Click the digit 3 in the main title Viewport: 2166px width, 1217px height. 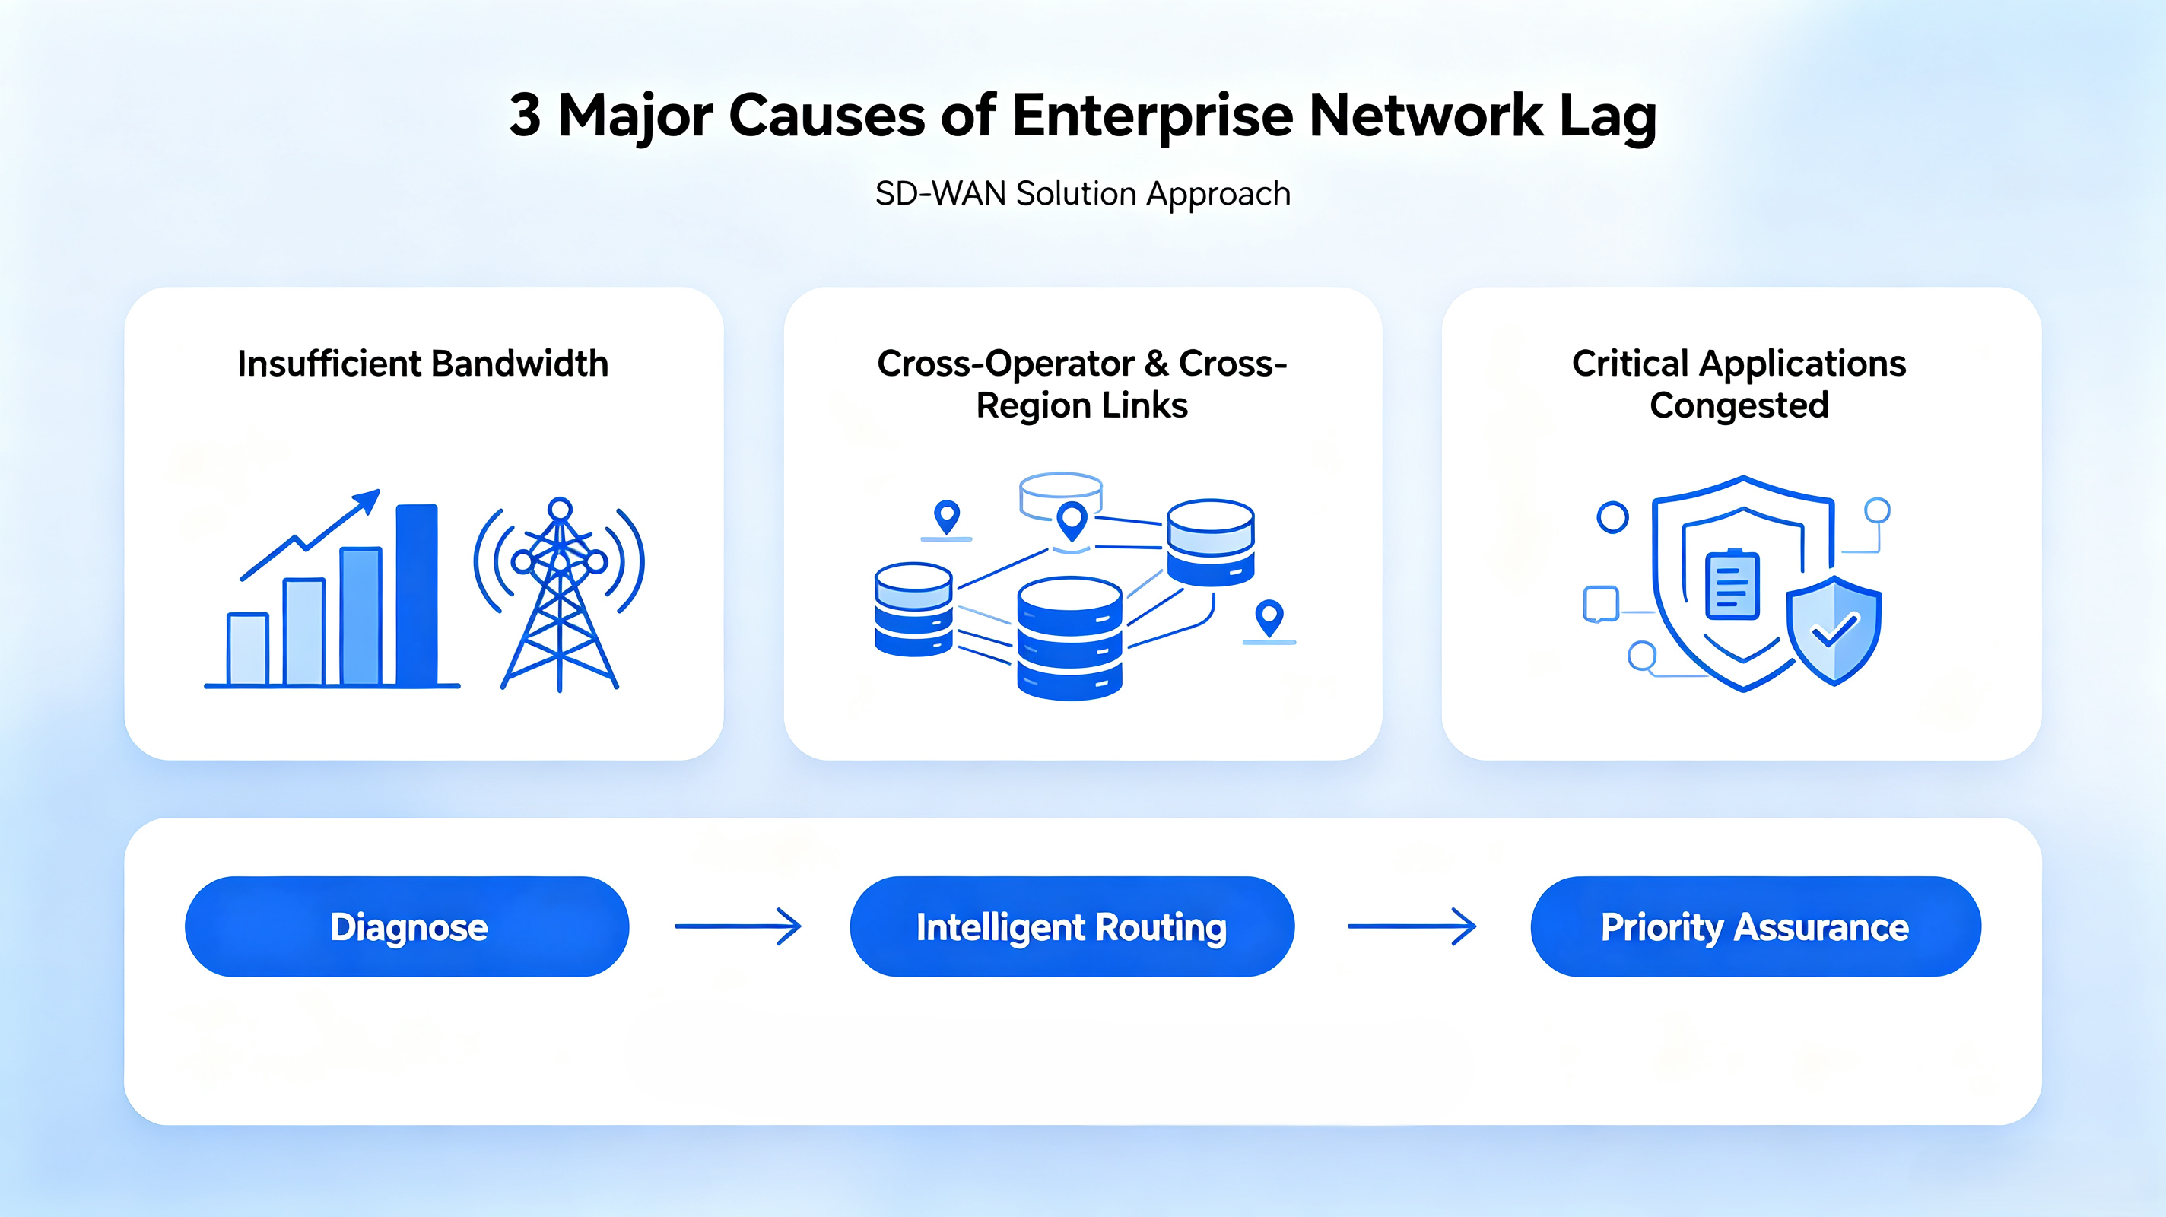(x=525, y=115)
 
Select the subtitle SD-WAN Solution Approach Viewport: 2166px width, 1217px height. (x=1083, y=194)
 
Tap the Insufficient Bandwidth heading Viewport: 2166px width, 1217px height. (x=423, y=364)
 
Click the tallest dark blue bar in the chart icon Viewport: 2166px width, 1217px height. (x=417, y=595)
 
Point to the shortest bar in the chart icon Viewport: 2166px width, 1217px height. (x=248, y=649)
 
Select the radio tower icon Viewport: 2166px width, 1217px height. (x=559, y=594)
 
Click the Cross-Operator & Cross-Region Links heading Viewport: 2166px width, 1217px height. (x=1082, y=384)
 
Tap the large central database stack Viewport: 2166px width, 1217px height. (x=1069, y=638)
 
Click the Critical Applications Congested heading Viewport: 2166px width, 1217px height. (x=1739, y=384)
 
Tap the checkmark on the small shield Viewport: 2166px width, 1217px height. (x=1834, y=628)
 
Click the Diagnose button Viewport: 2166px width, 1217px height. (x=407, y=927)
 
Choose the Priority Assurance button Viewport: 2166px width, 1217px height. (x=1755, y=927)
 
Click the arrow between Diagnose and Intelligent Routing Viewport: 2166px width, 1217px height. (x=738, y=927)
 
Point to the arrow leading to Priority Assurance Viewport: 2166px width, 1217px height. (x=1412, y=927)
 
